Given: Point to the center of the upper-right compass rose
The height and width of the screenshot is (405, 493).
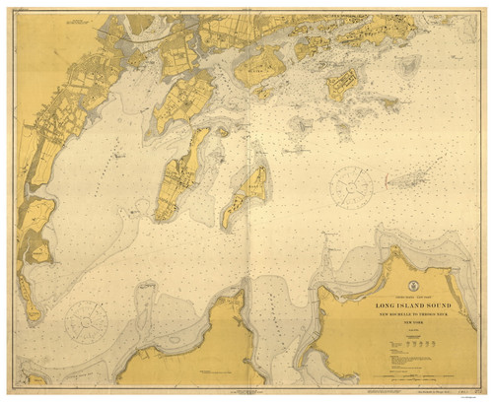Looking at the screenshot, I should tap(350, 186).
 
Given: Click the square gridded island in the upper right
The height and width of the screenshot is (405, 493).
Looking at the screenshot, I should tap(347, 88).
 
